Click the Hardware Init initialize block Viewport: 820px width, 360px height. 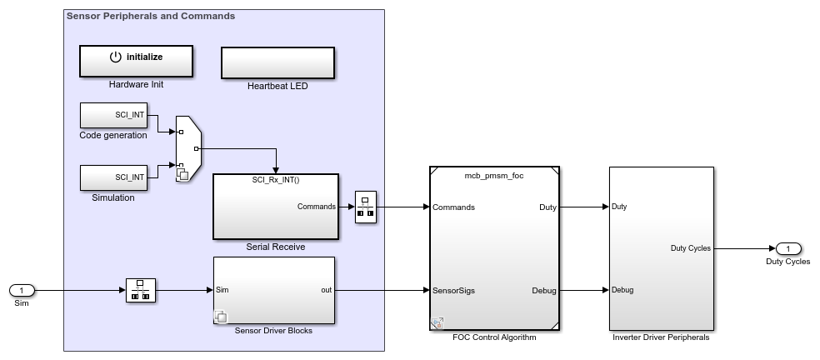[x=136, y=61]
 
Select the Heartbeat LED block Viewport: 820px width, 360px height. [x=277, y=62]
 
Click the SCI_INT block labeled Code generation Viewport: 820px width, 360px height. [x=113, y=116]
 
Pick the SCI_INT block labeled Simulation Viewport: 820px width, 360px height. [x=113, y=177]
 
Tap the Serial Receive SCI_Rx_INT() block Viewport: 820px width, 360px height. [x=276, y=207]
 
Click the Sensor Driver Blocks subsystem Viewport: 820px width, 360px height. [x=274, y=290]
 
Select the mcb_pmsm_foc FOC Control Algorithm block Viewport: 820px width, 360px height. [x=494, y=248]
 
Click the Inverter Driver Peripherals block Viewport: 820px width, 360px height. [x=661, y=248]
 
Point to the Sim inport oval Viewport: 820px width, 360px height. [x=22, y=290]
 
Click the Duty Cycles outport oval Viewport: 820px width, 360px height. [x=787, y=248]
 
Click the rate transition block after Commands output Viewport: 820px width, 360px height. [x=366, y=207]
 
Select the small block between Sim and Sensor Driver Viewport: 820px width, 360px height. [x=140, y=290]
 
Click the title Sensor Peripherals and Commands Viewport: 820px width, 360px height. [x=151, y=16]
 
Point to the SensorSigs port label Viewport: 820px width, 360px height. [x=454, y=290]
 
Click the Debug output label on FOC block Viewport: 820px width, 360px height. [x=543, y=290]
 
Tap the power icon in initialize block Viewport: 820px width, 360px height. [x=115, y=57]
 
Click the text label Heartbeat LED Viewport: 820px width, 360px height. [x=277, y=86]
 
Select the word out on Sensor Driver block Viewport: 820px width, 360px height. [x=327, y=290]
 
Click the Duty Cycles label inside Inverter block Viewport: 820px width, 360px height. [x=690, y=247]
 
